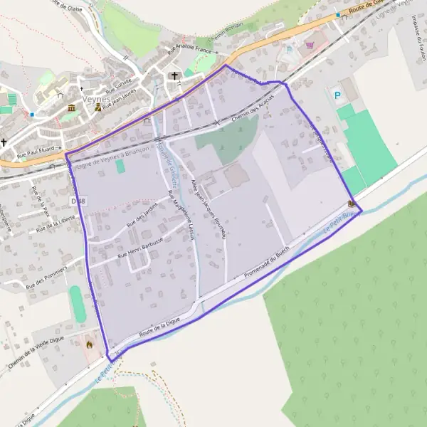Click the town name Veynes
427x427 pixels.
[95, 98]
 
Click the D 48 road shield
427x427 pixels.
[78, 201]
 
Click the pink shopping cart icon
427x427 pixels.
[310, 44]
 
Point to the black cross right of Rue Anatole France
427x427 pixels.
[174, 75]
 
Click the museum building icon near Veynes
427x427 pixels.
[71, 107]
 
